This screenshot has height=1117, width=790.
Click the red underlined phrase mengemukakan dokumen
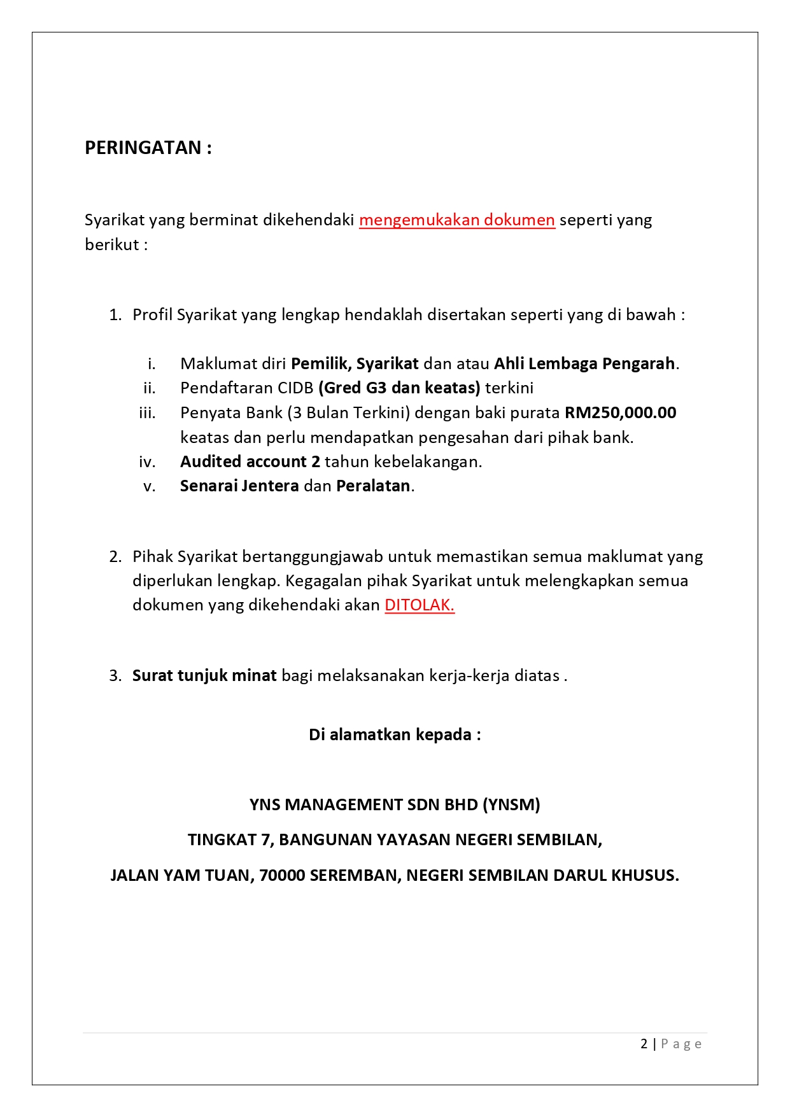tap(456, 220)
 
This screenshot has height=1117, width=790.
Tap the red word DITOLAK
tap(420, 605)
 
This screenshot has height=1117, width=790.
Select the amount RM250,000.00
tap(620, 413)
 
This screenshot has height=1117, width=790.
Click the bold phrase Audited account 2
tap(250, 461)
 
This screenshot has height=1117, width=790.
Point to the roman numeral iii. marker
tap(147, 413)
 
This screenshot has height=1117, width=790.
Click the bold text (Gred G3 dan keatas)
tap(399, 388)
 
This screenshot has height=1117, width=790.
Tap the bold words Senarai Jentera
tap(239, 486)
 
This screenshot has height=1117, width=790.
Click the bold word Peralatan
tap(373, 486)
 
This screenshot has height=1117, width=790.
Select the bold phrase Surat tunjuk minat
tap(204, 675)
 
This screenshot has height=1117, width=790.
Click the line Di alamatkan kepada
tap(395, 734)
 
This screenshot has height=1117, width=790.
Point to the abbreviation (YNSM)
tap(511, 804)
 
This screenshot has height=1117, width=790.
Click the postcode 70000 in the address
tap(282, 875)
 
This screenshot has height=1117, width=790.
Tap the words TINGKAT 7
tap(230, 840)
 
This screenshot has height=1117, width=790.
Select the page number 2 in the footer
tap(644, 1044)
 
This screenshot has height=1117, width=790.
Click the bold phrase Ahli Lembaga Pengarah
tap(584, 363)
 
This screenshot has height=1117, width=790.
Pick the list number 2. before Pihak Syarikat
tap(115, 557)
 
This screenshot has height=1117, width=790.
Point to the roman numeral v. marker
tap(150, 486)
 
